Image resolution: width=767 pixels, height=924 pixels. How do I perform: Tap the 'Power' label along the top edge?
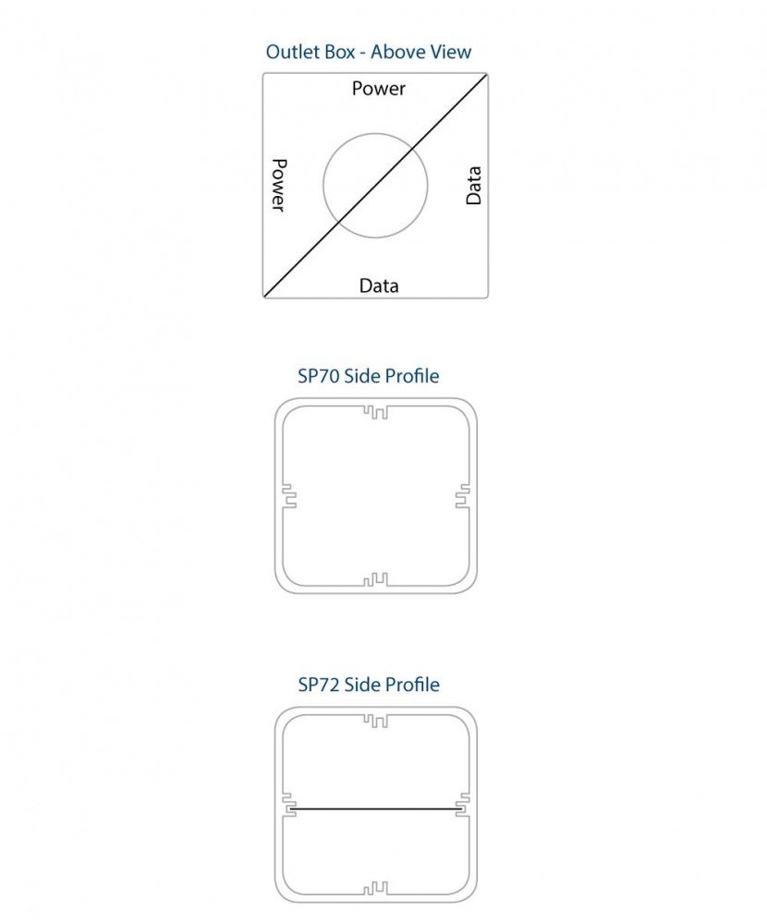click(379, 89)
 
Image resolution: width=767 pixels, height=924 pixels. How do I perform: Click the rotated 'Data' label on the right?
click(474, 186)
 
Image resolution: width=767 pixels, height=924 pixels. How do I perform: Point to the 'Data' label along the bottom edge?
click(379, 286)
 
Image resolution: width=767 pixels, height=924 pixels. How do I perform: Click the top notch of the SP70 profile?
click(375, 411)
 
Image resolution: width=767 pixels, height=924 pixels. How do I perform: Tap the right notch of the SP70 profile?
click(463, 496)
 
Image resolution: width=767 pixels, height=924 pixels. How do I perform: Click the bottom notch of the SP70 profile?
click(375, 580)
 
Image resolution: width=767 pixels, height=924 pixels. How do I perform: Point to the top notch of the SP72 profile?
click(375, 720)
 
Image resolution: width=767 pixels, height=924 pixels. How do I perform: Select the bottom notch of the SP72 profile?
click(375, 889)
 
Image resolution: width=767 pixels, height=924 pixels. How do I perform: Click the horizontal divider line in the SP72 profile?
click(375, 809)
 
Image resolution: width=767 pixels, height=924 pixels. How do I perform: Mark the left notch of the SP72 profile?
click(287, 805)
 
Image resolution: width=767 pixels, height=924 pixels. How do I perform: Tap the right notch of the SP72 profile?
click(463, 805)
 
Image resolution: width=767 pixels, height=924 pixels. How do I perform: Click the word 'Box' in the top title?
click(338, 52)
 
